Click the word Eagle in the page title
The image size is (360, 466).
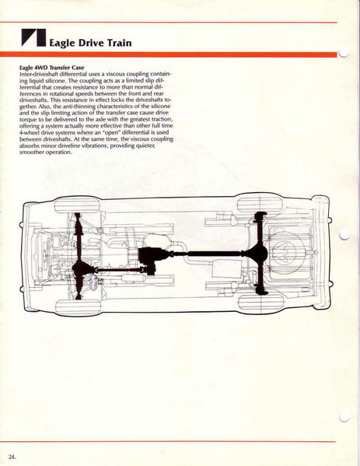click(x=62, y=43)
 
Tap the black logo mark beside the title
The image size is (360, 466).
click(x=33, y=37)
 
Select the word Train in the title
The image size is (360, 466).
click(x=119, y=43)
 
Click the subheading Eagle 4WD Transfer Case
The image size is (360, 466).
click(x=51, y=68)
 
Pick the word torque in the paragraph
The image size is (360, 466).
click(x=27, y=120)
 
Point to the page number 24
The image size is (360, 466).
click(x=12, y=457)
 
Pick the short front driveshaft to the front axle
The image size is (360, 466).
click(x=118, y=270)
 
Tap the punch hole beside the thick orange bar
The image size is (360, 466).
click(x=343, y=53)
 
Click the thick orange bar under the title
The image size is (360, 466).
click(x=169, y=54)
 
